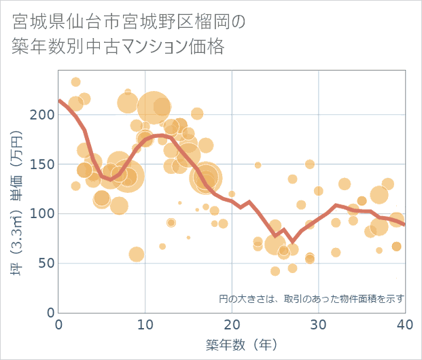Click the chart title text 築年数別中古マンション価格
click(118, 47)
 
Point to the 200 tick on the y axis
click(46, 115)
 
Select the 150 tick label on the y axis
click(46, 164)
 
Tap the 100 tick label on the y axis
click(46, 214)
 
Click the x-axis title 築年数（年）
click(232, 345)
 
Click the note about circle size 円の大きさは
click(312, 299)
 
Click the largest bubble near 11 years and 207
click(154, 107)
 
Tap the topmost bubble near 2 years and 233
click(75, 82)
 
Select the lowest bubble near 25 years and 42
click(275, 271)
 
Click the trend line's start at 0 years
click(60, 101)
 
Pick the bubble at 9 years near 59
click(137, 254)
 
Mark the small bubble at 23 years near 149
click(258, 165)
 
